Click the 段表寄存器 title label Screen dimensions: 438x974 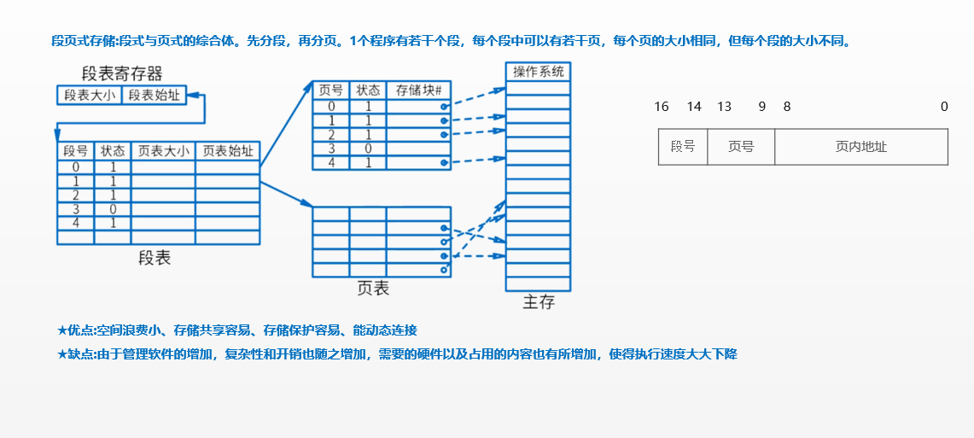pos(121,73)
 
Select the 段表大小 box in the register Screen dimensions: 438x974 pos(90,95)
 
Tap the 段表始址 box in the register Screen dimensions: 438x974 pos(155,95)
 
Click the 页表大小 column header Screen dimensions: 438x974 pos(163,151)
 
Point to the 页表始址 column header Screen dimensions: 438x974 pos(227,151)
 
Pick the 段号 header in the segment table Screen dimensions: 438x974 pos(76,151)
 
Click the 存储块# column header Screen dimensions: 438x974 pos(418,90)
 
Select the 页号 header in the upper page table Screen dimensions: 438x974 pos(330,90)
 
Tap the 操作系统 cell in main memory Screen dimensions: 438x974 pos(538,72)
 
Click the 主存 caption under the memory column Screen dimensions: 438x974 pos(539,302)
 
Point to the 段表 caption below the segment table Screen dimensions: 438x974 pos(155,257)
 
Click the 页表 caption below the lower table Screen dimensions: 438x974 pos(373,289)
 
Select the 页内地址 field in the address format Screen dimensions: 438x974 pos(860,147)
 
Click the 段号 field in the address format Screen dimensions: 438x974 pos(683,147)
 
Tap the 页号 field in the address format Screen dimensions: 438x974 pos(741,147)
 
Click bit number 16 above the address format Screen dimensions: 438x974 pos(661,107)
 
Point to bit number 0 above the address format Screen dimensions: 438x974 pos(944,107)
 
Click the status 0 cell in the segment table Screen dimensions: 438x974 pos(112,209)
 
